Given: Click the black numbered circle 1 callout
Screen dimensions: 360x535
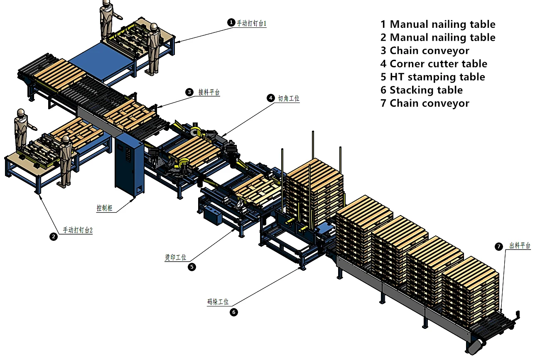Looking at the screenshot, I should point(231,22).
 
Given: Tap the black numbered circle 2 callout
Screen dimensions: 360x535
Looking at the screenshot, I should point(53,237).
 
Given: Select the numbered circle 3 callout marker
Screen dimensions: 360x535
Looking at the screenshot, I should point(189,92).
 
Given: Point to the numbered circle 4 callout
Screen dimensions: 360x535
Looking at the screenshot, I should point(270,98).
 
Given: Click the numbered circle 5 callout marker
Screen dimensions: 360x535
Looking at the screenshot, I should point(191,267).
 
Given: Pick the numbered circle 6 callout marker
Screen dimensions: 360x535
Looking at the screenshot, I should point(234,312).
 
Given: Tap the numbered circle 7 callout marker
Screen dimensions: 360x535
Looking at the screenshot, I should point(499,247).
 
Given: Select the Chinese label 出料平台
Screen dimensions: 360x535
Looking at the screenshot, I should point(520,246).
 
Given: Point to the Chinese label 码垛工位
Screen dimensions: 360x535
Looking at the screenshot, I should point(218,302).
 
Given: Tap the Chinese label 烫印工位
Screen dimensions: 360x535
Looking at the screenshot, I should point(175,257).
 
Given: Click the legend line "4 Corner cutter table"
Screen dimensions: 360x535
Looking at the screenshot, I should point(434,64).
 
